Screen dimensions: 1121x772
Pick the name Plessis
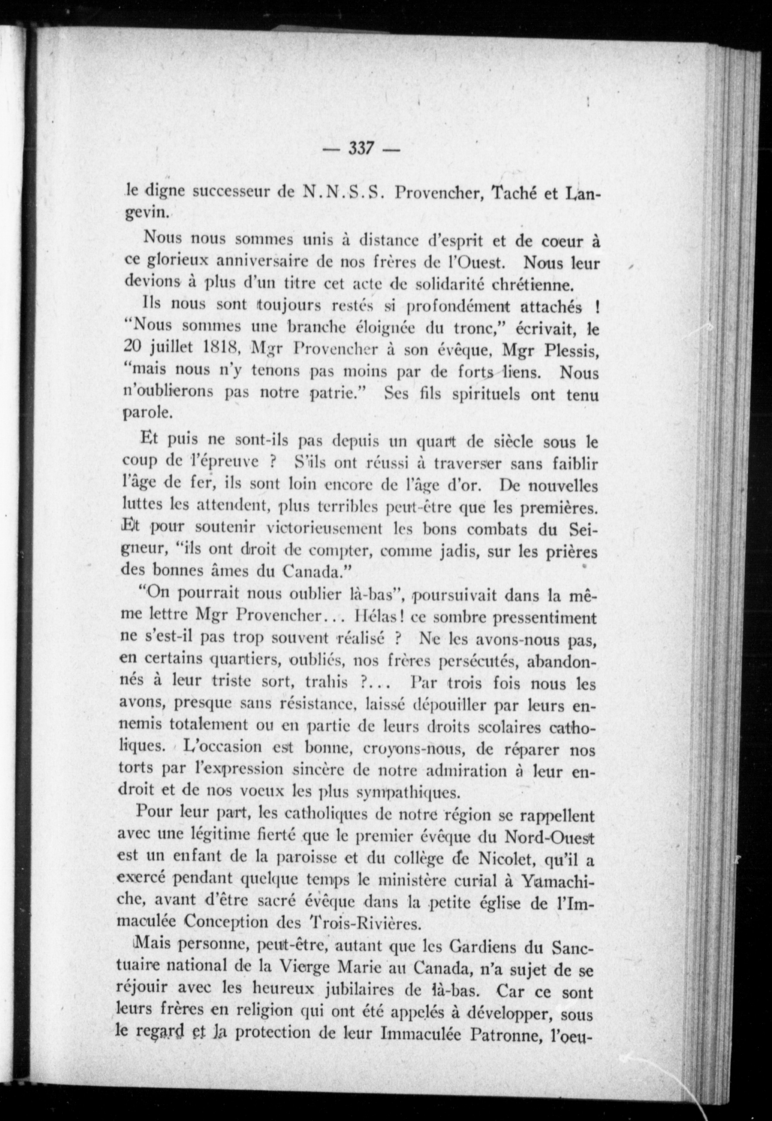point(571,350)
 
